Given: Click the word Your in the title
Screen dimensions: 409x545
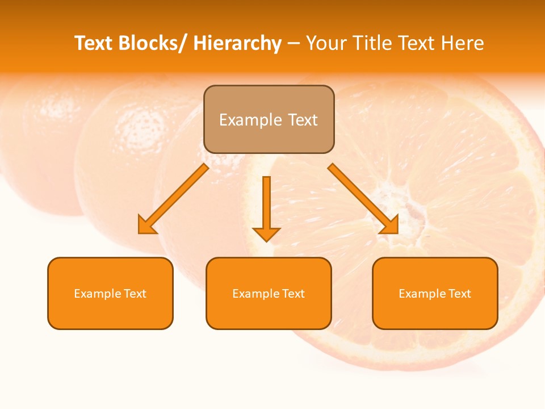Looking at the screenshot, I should (x=327, y=43).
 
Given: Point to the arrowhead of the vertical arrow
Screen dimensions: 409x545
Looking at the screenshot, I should (x=266, y=234).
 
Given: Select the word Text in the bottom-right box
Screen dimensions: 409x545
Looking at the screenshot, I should (x=459, y=294).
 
